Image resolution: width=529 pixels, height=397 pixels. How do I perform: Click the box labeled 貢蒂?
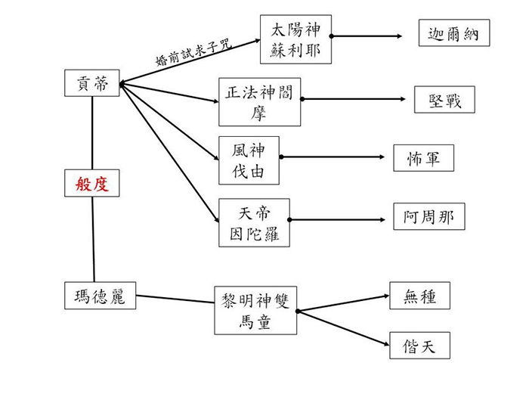tap(92, 83)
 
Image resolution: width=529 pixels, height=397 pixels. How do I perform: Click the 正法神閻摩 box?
tap(260, 101)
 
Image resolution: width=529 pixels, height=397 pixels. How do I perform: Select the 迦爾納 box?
tap(453, 34)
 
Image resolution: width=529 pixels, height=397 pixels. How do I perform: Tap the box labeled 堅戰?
tap(445, 98)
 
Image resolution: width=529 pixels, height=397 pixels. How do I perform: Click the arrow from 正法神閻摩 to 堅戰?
tap(355, 99)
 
